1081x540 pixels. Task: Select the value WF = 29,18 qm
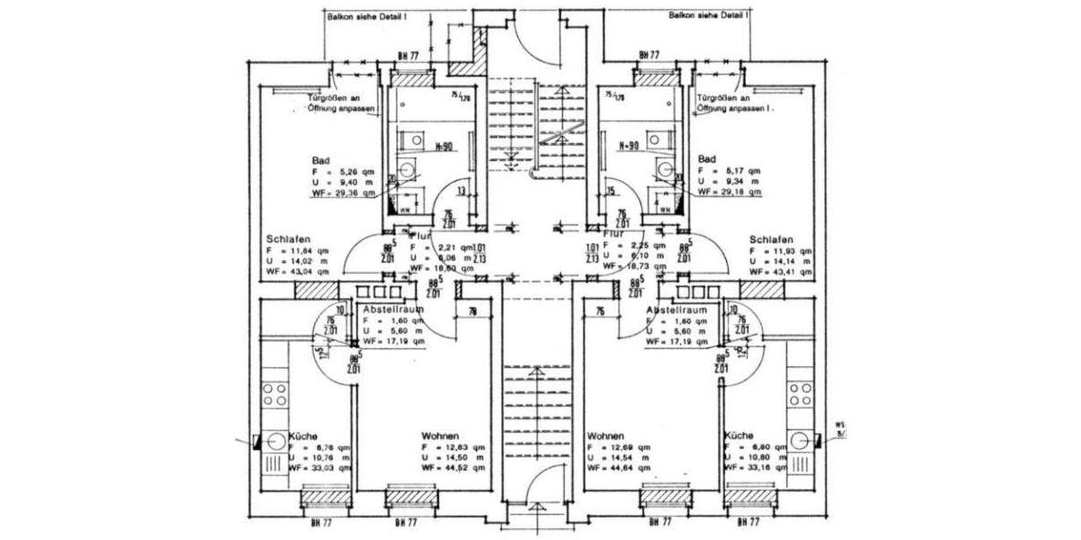pos(729,192)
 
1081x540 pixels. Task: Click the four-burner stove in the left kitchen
pos(275,393)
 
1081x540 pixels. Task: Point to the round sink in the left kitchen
pos(272,441)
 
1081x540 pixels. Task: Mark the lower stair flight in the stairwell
pos(537,405)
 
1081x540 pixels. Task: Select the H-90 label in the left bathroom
pos(441,146)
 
